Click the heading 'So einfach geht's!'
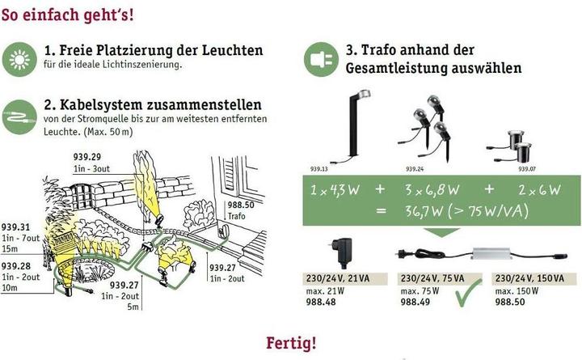pyautogui.click(x=69, y=15)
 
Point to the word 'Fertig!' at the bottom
pyautogui.click(x=291, y=343)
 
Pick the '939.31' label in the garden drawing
pyautogui.click(x=14, y=227)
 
